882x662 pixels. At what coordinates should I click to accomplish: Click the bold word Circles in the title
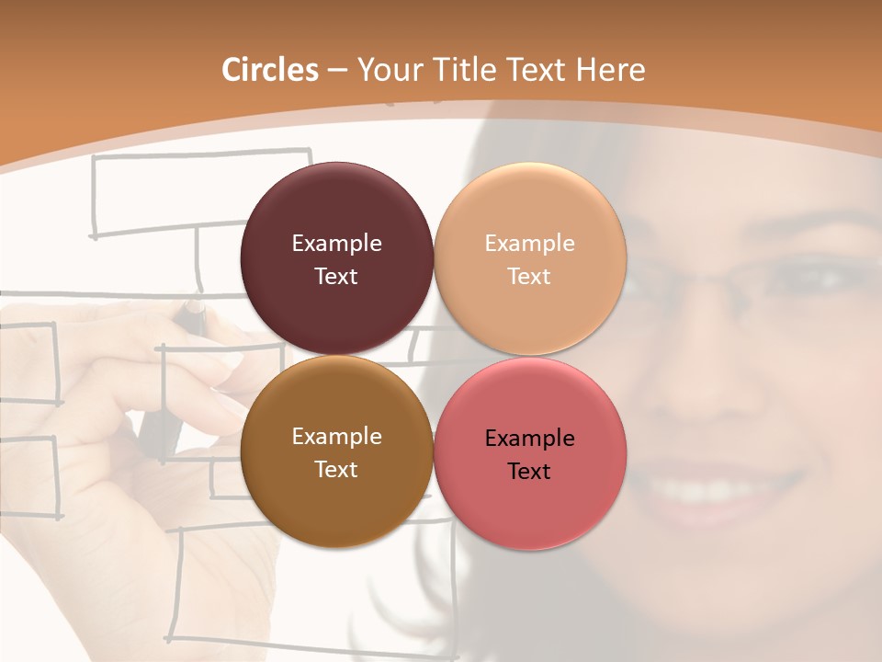[x=270, y=70]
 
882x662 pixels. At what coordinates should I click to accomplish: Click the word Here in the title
[x=610, y=70]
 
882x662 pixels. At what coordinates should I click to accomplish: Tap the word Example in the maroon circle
[x=336, y=244]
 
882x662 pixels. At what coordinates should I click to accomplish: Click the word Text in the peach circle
[x=529, y=277]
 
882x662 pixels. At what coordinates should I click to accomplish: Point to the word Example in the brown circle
[x=336, y=437]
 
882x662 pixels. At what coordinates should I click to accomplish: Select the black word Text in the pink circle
[x=529, y=472]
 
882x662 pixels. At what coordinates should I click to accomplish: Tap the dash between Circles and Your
[x=338, y=71]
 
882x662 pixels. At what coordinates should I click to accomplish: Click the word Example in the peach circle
[x=529, y=244]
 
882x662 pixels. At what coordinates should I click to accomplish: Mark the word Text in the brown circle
[x=336, y=470]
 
